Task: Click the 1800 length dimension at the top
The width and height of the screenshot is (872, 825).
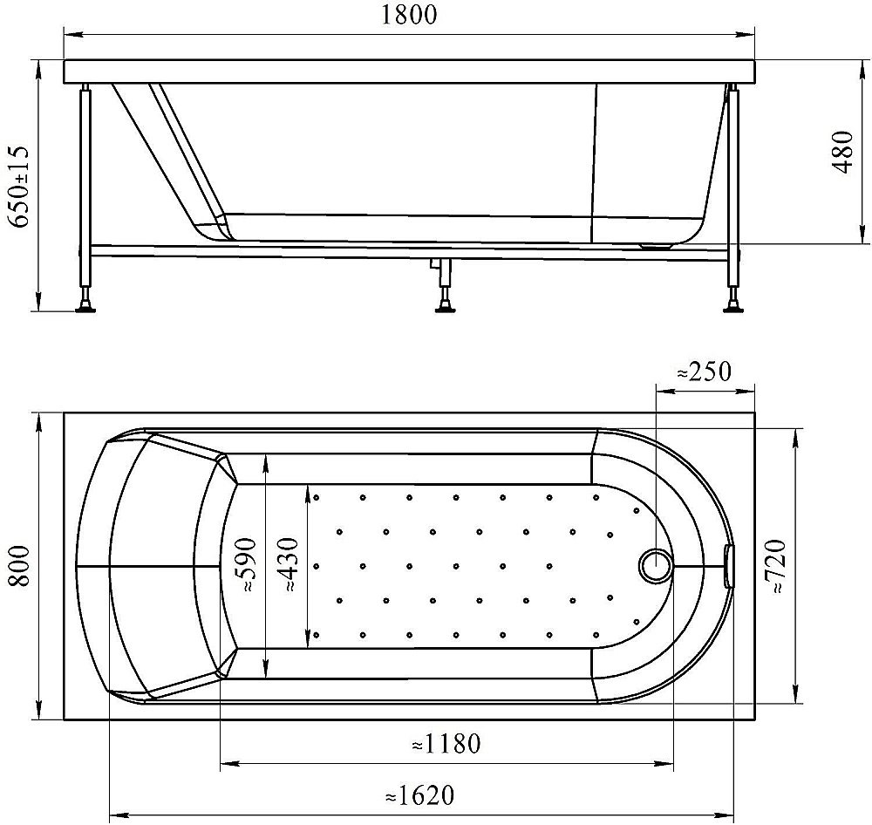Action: pyautogui.click(x=409, y=15)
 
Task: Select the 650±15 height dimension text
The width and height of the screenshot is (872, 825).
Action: pyautogui.click(x=20, y=187)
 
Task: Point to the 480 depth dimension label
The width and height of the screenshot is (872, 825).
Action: pyautogui.click(x=843, y=152)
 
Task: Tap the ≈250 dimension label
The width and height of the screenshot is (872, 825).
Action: pyautogui.click(x=704, y=372)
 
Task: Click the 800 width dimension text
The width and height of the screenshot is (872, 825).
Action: pyautogui.click(x=20, y=565)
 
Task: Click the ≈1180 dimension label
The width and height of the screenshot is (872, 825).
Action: pyautogui.click(x=446, y=743)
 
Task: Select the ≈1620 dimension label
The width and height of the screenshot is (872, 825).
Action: pyautogui.click(x=420, y=795)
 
